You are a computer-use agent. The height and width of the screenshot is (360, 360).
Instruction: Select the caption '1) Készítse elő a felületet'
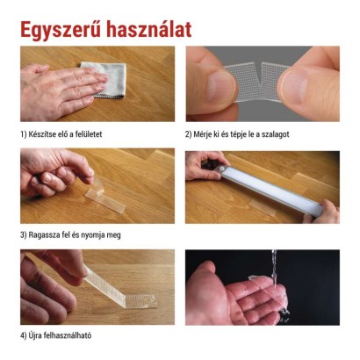pyautogui.click(x=65, y=134)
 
